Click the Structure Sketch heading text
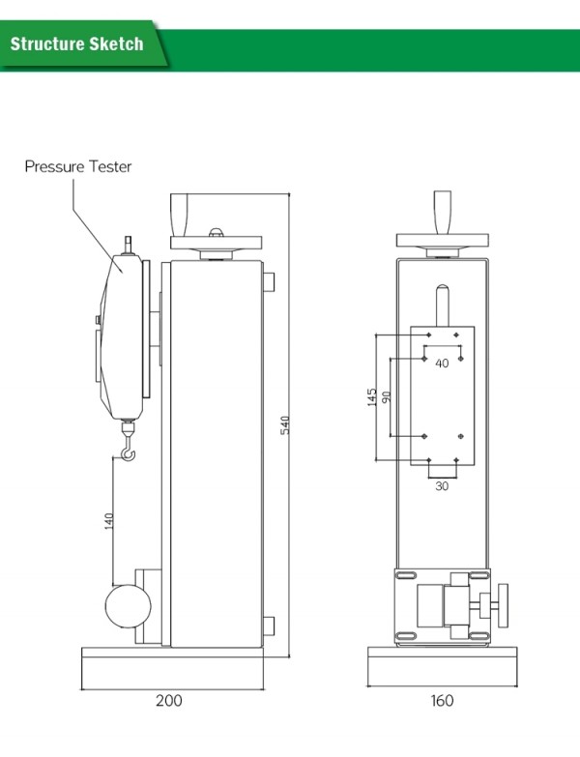[x=76, y=44]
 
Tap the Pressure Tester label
[x=78, y=167]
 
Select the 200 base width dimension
[x=168, y=700]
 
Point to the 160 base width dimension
[x=441, y=700]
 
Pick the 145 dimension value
[x=372, y=397]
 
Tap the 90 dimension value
[x=387, y=397]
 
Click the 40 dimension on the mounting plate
[x=442, y=364]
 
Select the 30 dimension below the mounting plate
[x=442, y=486]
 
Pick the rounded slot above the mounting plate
[x=441, y=304]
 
